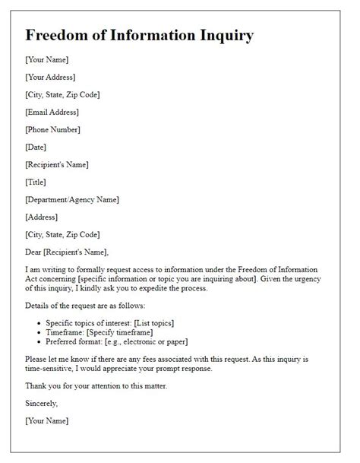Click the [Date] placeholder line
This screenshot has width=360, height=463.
coord(36,147)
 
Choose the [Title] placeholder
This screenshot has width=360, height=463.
coord(36,182)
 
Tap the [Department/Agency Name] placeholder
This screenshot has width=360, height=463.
coord(72,199)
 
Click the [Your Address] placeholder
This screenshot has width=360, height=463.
coord(50,77)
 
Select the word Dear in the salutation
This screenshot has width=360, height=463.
coord(35,252)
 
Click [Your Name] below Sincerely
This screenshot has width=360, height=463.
coord(47,420)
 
